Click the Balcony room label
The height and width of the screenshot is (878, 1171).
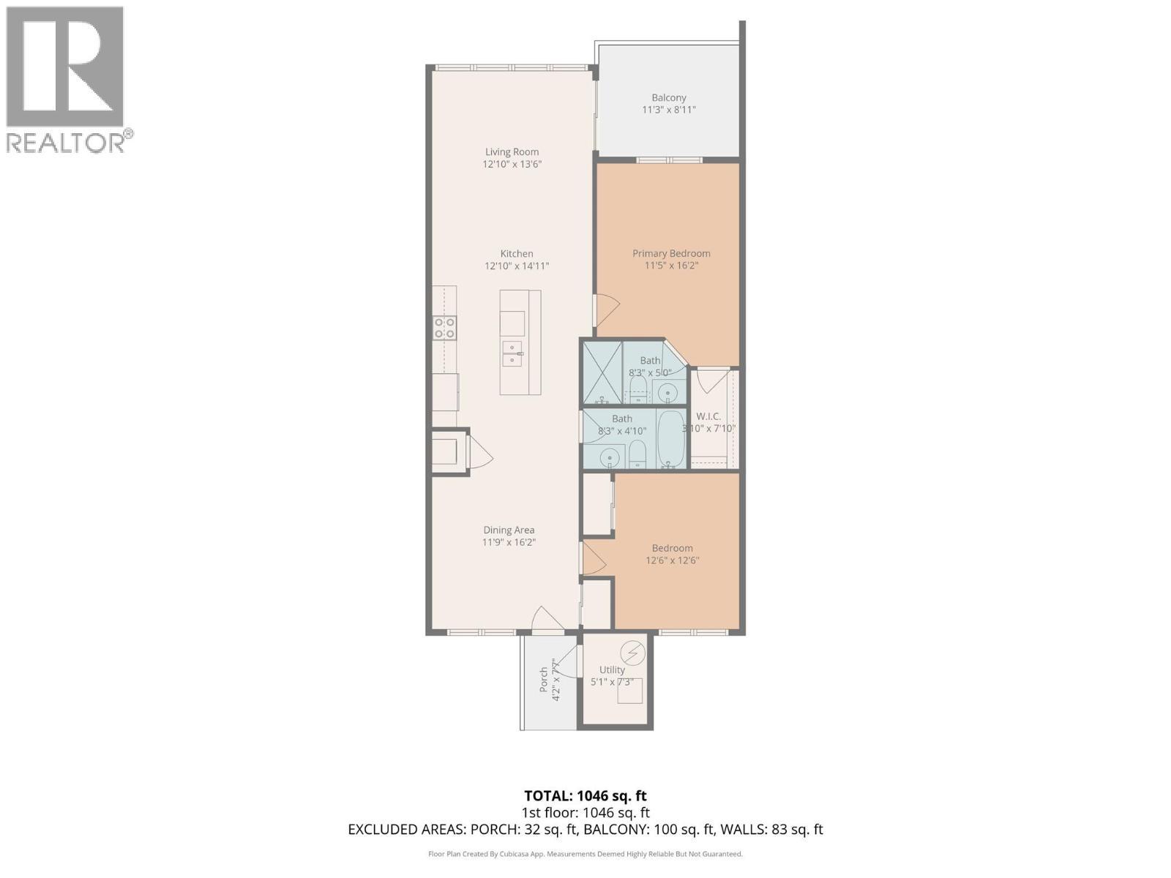pos(669,97)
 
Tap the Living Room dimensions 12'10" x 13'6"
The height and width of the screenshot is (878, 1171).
pos(512,165)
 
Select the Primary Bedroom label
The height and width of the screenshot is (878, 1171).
pos(671,253)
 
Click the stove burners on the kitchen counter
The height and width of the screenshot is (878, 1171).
pos(444,327)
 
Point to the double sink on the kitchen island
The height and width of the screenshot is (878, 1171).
pos(512,353)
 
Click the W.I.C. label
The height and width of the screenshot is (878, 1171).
pos(708,416)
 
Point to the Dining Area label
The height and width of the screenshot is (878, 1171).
pos(509,530)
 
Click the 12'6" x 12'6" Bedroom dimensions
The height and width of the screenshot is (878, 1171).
pos(672,560)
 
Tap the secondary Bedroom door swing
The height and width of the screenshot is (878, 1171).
pos(594,558)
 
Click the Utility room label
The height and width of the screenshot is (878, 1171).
pos(612,669)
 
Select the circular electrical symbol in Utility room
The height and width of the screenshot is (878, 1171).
pos(632,651)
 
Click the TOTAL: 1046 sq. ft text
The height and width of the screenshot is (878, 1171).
pos(585,795)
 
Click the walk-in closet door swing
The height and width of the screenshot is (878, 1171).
pos(709,380)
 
